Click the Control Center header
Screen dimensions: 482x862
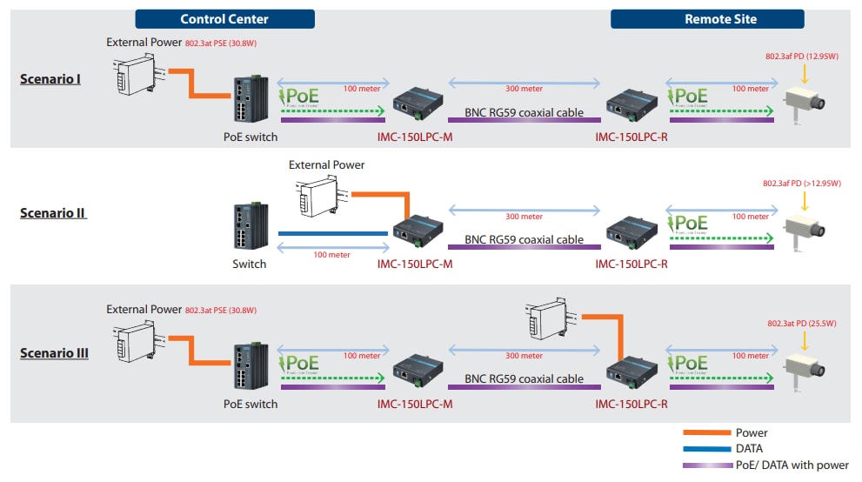tap(224, 19)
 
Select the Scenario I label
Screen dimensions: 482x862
tap(50, 79)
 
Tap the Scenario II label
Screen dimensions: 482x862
tap(54, 212)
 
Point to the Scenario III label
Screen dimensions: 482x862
tap(54, 353)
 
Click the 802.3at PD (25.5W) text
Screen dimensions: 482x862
tap(800, 324)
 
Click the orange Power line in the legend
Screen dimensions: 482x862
tap(705, 432)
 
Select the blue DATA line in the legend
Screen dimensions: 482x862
tap(705, 449)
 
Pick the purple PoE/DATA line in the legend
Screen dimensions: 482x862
tap(705, 465)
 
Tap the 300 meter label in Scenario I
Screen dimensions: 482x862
tap(524, 89)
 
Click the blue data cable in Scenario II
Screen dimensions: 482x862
tap(332, 233)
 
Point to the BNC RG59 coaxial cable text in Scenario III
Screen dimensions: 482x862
tap(524, 379)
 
